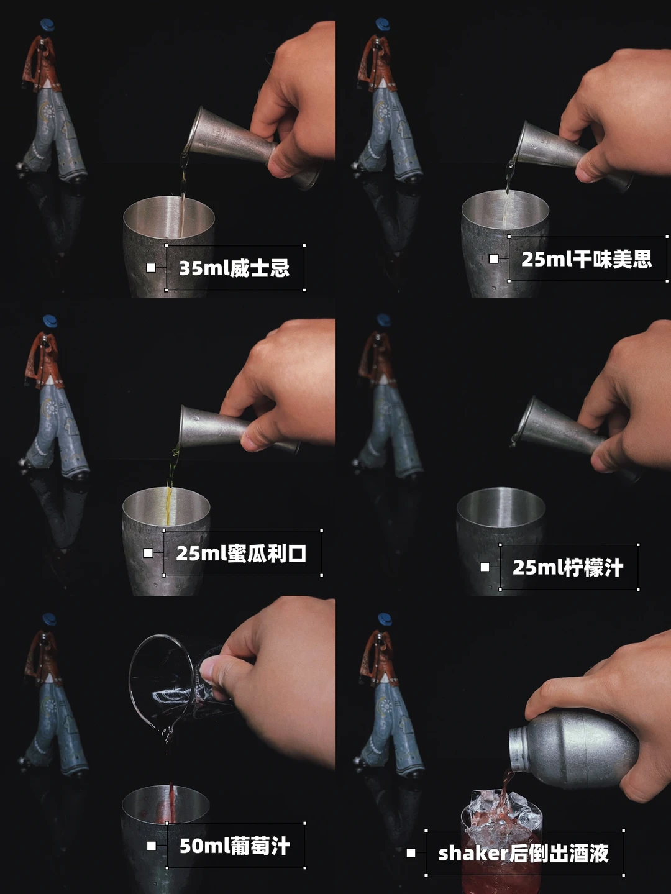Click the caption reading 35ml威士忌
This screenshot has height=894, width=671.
(234, 268)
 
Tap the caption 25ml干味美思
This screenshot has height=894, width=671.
(587, 259)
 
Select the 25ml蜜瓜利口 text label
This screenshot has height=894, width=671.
(241, 553)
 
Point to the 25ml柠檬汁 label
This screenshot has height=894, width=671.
(568, 567)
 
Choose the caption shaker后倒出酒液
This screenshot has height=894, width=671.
(524, 853)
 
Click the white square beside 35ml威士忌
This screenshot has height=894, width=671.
(150, 268)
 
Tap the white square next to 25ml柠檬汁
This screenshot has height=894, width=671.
(485, 567)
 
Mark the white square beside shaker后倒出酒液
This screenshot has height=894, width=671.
(411, 853)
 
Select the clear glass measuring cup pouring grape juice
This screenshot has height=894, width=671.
(171, 688)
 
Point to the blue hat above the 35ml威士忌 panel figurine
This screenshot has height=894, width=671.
(48, 24)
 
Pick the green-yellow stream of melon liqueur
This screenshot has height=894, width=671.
(171, 485)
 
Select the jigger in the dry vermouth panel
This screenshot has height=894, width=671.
(574, 157)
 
